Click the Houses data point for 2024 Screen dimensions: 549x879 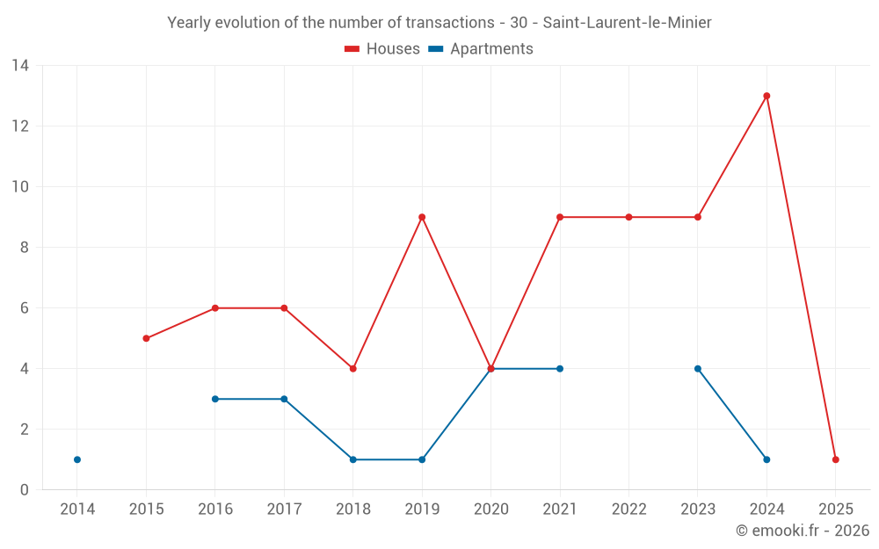point(766,96)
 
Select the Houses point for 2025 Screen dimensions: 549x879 point(835,459)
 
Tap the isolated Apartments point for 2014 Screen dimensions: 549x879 point(77,459)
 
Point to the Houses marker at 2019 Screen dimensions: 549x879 point(422,217)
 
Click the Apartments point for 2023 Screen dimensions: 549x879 point(698,369)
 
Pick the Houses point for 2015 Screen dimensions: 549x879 point(146,338)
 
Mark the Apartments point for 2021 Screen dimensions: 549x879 point(560,369)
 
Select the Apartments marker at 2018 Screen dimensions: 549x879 point(353,459)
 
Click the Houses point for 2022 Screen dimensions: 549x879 point(628,217)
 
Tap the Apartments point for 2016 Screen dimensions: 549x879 point(215,399)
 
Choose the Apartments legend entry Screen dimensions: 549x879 point(490,49)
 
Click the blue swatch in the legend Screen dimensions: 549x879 point(435,49)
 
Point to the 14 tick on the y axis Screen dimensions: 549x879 point(20,66)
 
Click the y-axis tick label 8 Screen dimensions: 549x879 point(25,248)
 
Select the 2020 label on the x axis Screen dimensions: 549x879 point(490,509)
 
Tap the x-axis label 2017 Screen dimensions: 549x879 point(284,509)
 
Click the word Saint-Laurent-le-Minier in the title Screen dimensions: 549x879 point(624,23)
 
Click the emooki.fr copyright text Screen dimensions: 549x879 point(802,531)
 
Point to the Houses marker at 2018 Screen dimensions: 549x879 point(353,369)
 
